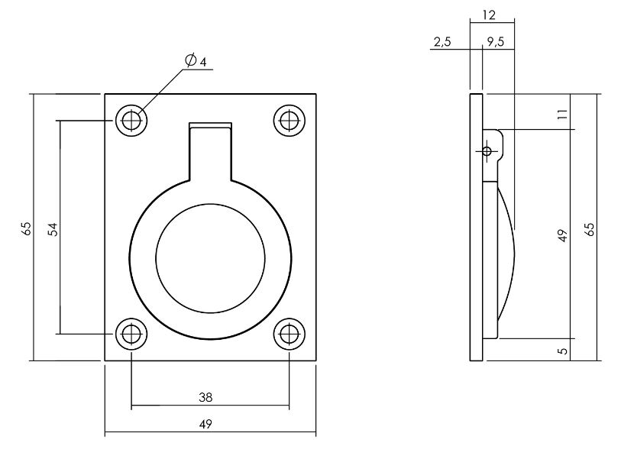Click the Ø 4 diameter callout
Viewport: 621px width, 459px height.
point(196,60)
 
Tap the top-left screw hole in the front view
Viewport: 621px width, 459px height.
point(131,120)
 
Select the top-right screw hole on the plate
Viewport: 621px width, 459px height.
point(289,120)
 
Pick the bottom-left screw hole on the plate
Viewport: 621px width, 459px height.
point(131,334)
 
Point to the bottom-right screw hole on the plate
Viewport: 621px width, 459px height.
point(289,334)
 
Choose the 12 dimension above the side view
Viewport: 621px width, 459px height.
point(490,15)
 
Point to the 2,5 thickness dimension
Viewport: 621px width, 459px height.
point(441,43)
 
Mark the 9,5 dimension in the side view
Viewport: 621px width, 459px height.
point(494,43)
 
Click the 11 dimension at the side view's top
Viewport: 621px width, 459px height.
point(562,114)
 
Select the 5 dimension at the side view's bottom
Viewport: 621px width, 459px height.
point(562,351)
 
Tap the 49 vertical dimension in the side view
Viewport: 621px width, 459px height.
point(562,235)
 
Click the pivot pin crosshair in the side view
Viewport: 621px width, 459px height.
point(486,151)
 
